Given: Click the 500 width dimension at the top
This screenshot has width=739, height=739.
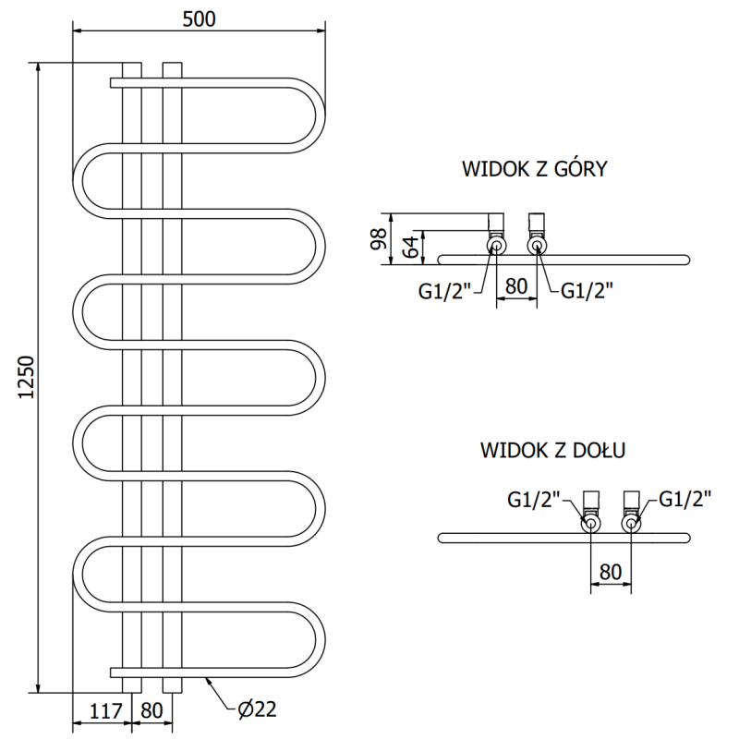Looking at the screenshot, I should (199, 19).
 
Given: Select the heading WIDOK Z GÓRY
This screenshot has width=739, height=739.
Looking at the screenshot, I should (534, 169).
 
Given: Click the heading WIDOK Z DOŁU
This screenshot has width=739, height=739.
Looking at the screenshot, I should (553, 451).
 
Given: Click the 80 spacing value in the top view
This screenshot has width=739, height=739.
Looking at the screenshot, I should (516, 286).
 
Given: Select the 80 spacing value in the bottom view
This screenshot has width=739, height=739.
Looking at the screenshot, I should (610, 571).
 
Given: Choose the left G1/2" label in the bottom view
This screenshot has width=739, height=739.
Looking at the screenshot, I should (534, 500).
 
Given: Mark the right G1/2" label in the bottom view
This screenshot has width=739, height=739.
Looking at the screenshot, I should (684, 500).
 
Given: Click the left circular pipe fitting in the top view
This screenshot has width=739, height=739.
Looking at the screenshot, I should (496, 246).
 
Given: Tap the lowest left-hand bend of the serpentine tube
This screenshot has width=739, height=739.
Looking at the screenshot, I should (81, 574).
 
